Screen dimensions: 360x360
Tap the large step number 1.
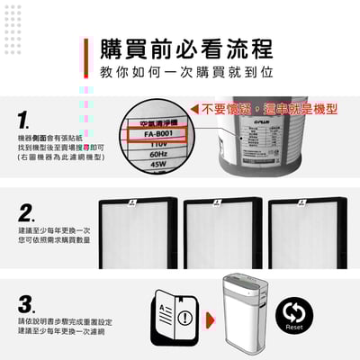tap(25, 119)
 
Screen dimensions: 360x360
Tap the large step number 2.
tap(27, 214)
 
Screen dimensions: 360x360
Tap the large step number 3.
tap(27, 302)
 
